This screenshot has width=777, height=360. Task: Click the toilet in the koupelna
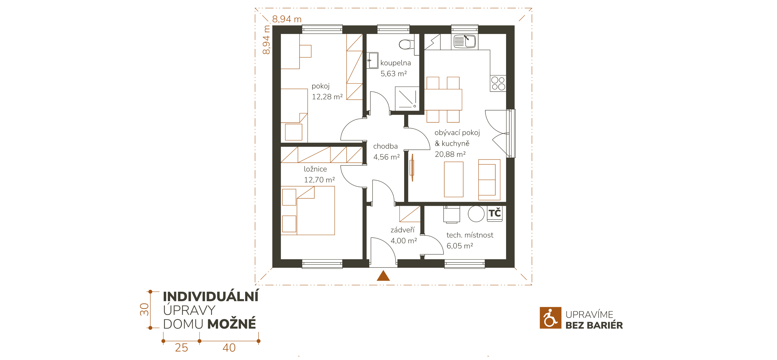click(x=406, y=44)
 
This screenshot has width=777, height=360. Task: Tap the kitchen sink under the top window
click(x=465, y=41)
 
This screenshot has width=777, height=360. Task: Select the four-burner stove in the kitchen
click(x=498, y=83)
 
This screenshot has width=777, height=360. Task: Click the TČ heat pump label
click(x=495, y=213)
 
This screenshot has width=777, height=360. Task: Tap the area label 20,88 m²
click(x=450, y=154)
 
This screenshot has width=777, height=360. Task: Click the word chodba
click(x=385, y=146)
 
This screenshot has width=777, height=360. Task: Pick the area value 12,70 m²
click(x=319, y=180)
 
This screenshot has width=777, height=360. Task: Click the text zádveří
click(x=402, y=230)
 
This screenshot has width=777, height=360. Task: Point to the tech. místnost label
click(x=470, y=235)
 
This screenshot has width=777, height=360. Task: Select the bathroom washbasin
click(x=373, y=60)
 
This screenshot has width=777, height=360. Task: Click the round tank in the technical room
click(x=476, y=214)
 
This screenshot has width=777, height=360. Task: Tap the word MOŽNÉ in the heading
click(x=232, y=324)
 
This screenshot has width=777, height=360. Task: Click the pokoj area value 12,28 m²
click(x=327, y=97)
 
